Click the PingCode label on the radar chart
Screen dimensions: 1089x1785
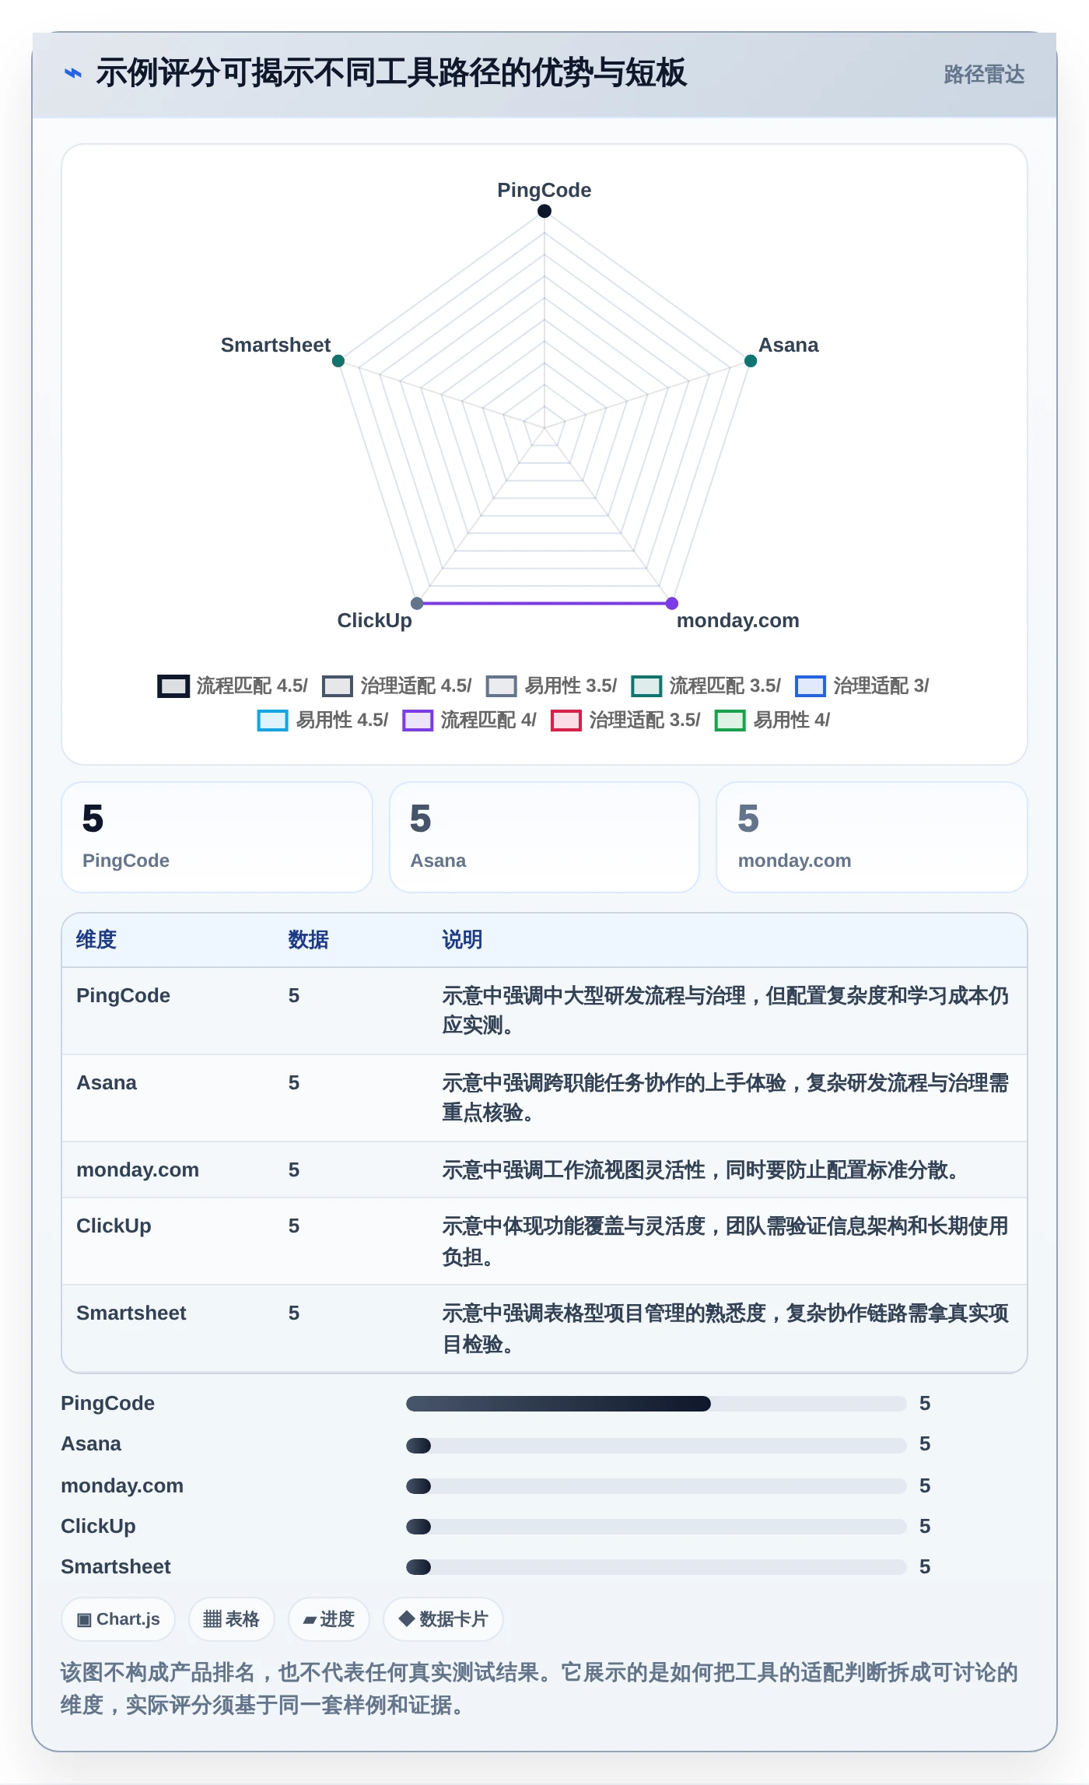(x=544, y=190)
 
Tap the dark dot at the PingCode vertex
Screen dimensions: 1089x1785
(x=544, y=211)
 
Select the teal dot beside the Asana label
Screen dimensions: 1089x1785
(x=751, y=361)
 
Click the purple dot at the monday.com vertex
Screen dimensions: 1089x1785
(x=672, y=603)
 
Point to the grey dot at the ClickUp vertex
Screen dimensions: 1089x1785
(x=417, y=603)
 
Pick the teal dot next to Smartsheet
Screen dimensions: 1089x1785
(x=338, y=361)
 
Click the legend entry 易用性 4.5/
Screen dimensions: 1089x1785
(x=323, y=720)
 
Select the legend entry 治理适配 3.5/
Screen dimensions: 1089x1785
(x=625, y=720)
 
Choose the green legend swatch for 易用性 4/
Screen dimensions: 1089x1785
(x=730, y=721)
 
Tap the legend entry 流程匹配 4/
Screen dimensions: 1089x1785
(x=469, y=720)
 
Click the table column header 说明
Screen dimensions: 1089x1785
(x=462, y=939)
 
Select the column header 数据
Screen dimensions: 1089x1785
(x=308, y=939)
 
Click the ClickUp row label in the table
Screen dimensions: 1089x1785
(x=114, y=1226)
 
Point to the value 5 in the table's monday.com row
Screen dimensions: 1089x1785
(x=294, y=1170)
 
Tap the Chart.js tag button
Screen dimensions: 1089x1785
(x=118, y=1619)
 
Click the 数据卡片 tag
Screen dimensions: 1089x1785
(x=443, y=1619)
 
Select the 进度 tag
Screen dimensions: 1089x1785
(x=328, y=1619)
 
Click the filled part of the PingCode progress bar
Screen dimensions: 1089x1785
(x=559, y=1404)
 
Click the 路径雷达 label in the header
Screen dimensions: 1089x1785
(x=984, y=74)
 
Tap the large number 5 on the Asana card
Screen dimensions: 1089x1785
(x=421, y=819)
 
